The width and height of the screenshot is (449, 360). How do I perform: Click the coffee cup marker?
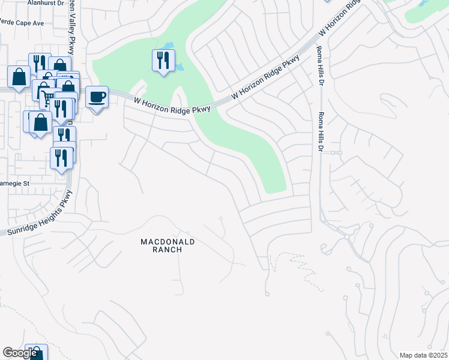coord(97,97)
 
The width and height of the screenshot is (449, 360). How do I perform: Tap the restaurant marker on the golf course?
coord(163,60)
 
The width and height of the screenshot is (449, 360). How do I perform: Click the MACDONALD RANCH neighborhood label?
coord(168,245)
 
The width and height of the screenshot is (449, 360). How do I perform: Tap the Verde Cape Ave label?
coord(22,22)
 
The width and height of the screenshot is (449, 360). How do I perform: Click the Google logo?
coord(20,353)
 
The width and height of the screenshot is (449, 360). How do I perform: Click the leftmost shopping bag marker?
coord(19,77)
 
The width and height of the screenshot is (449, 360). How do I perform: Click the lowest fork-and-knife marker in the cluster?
coord(62,158)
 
